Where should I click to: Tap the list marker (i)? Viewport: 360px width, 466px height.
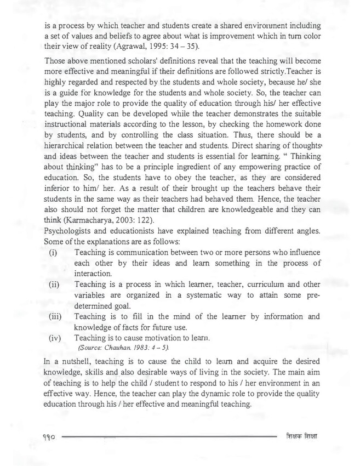pyautogui.click(x=53, y=252)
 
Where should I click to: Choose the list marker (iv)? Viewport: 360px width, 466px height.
pyautogui.click(x=55, y=338)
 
